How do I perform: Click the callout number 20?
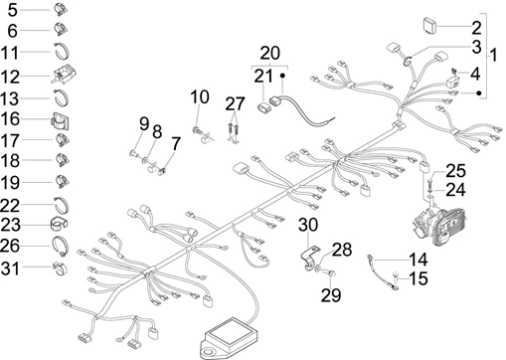pos(269,53)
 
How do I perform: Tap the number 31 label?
pos(10,269)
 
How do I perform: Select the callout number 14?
pos(419,260)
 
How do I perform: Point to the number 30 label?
pos(308,225)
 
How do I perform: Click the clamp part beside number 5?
pos(61,9)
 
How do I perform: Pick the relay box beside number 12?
pos(64,74)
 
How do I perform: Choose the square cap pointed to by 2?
pos(430,25)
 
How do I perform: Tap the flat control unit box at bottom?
pos(231,336)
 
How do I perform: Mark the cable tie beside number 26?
pos(61,246)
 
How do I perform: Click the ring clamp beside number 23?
pos(59,224)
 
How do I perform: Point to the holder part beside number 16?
pos(60,120)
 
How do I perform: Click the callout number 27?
pos(235,104)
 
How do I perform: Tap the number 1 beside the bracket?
pos(493,55)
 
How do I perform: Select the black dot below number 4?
pos(478,93)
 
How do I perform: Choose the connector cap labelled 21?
pos(263,108)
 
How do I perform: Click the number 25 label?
pos(455,171)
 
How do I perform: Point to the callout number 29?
pos(331,295)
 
